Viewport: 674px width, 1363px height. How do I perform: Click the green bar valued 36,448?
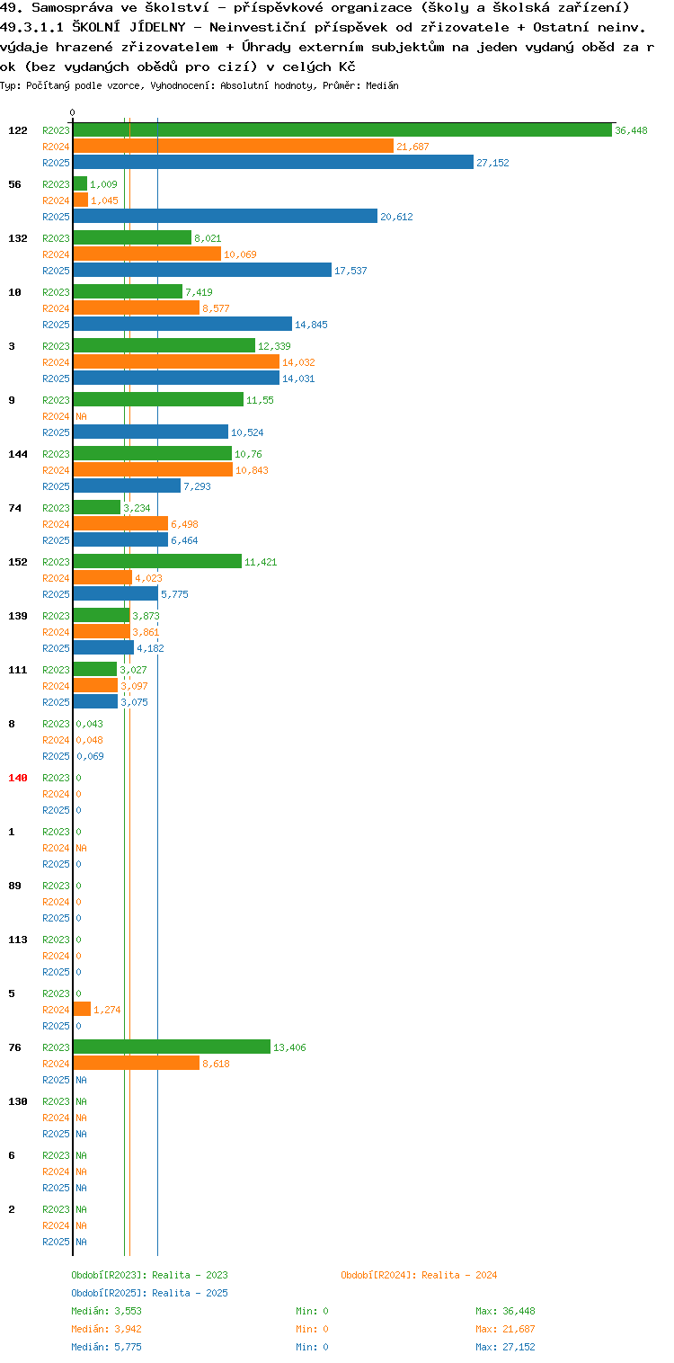point(342,130)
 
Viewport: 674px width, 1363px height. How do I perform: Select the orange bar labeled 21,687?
point(234,146)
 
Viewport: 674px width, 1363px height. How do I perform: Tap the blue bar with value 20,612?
point(225,216)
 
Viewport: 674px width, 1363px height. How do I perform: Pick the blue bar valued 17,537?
point(202,270)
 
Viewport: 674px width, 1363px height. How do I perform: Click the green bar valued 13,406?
point(173,1047)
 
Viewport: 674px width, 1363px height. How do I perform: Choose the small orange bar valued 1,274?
point(82,1010)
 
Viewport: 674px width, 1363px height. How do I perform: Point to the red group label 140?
point(18,778)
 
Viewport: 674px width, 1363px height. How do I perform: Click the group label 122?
point(18,130)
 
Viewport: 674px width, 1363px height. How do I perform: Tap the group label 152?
point(18,562)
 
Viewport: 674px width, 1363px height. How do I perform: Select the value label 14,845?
point(311,325)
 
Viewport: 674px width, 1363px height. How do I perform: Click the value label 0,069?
point(90,756)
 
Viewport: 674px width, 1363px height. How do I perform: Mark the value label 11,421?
point(261,562)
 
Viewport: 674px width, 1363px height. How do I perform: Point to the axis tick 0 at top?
point(73,112)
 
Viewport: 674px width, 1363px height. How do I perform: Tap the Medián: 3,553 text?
point(106,1311)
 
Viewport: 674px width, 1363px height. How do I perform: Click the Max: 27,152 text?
point(505,1347)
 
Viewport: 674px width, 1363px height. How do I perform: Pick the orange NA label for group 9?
point(81,416)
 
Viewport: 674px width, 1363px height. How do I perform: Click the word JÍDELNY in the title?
point(157,27)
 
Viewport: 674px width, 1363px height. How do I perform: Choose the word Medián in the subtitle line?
point(382,85)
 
